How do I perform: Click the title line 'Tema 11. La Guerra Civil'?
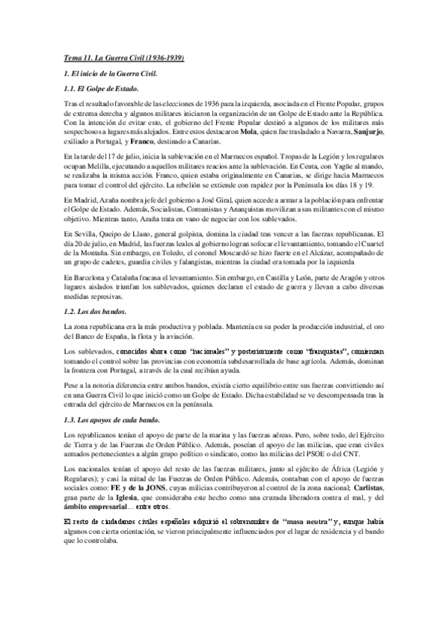(123, 58)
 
